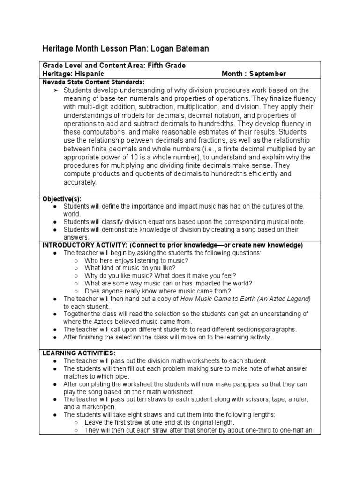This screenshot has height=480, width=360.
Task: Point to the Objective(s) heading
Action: (x=62, y=199)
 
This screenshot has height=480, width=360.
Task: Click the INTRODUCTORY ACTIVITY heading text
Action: (x=85, y=245)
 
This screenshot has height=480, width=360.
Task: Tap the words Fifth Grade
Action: (x=167, y=66)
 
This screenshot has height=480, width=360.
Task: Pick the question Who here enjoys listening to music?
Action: (x=137, y=260)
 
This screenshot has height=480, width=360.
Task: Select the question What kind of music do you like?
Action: (x=130, y=268)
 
